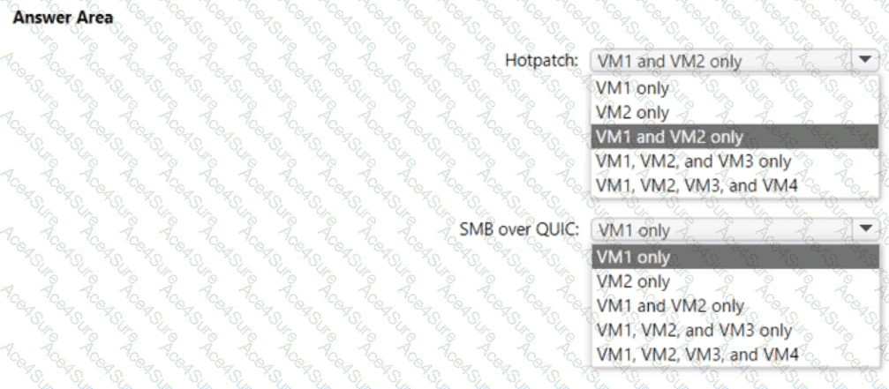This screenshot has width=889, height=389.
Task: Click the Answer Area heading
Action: (61, 17)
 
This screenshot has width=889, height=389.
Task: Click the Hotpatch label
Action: (541, 61)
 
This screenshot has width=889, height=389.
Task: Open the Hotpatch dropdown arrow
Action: (863, 60)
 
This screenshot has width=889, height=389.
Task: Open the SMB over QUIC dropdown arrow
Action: (863, 229)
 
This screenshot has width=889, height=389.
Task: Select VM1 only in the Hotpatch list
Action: (632, 88)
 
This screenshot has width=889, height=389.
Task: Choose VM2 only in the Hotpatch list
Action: (632, 113)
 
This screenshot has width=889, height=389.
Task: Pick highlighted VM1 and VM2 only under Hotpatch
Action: (669, 138)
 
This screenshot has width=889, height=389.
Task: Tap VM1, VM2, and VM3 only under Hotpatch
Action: (693, 161)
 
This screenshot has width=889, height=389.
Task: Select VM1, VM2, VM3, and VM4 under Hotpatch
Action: (697, 186)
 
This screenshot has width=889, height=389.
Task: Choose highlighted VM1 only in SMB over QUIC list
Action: (633, 257)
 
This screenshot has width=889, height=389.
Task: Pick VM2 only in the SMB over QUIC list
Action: (633, 281)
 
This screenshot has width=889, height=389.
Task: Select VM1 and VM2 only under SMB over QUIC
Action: (670, 306)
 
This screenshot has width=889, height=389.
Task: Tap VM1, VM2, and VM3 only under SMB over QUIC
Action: (694, 330)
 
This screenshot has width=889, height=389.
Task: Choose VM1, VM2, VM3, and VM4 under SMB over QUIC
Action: (697, 355)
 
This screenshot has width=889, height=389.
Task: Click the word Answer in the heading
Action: (35, 17)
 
